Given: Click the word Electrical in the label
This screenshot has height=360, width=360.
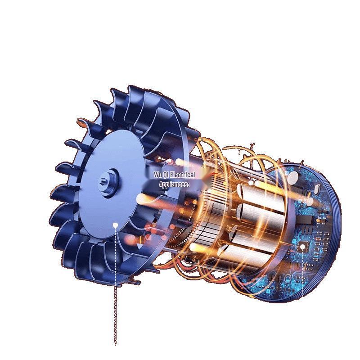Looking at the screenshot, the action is click(183, 175).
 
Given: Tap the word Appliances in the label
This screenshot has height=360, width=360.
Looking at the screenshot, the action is click(173, 184).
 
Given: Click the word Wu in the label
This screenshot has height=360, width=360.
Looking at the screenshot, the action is click(158, 175).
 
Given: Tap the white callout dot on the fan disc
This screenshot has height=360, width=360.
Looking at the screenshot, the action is click(116, 225).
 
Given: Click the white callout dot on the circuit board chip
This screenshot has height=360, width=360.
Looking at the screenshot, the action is click(303, 247).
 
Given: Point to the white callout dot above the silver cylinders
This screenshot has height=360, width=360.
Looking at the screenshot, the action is click(251, 183).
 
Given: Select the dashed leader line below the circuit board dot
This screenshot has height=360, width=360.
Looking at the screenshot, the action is click(303, 273).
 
